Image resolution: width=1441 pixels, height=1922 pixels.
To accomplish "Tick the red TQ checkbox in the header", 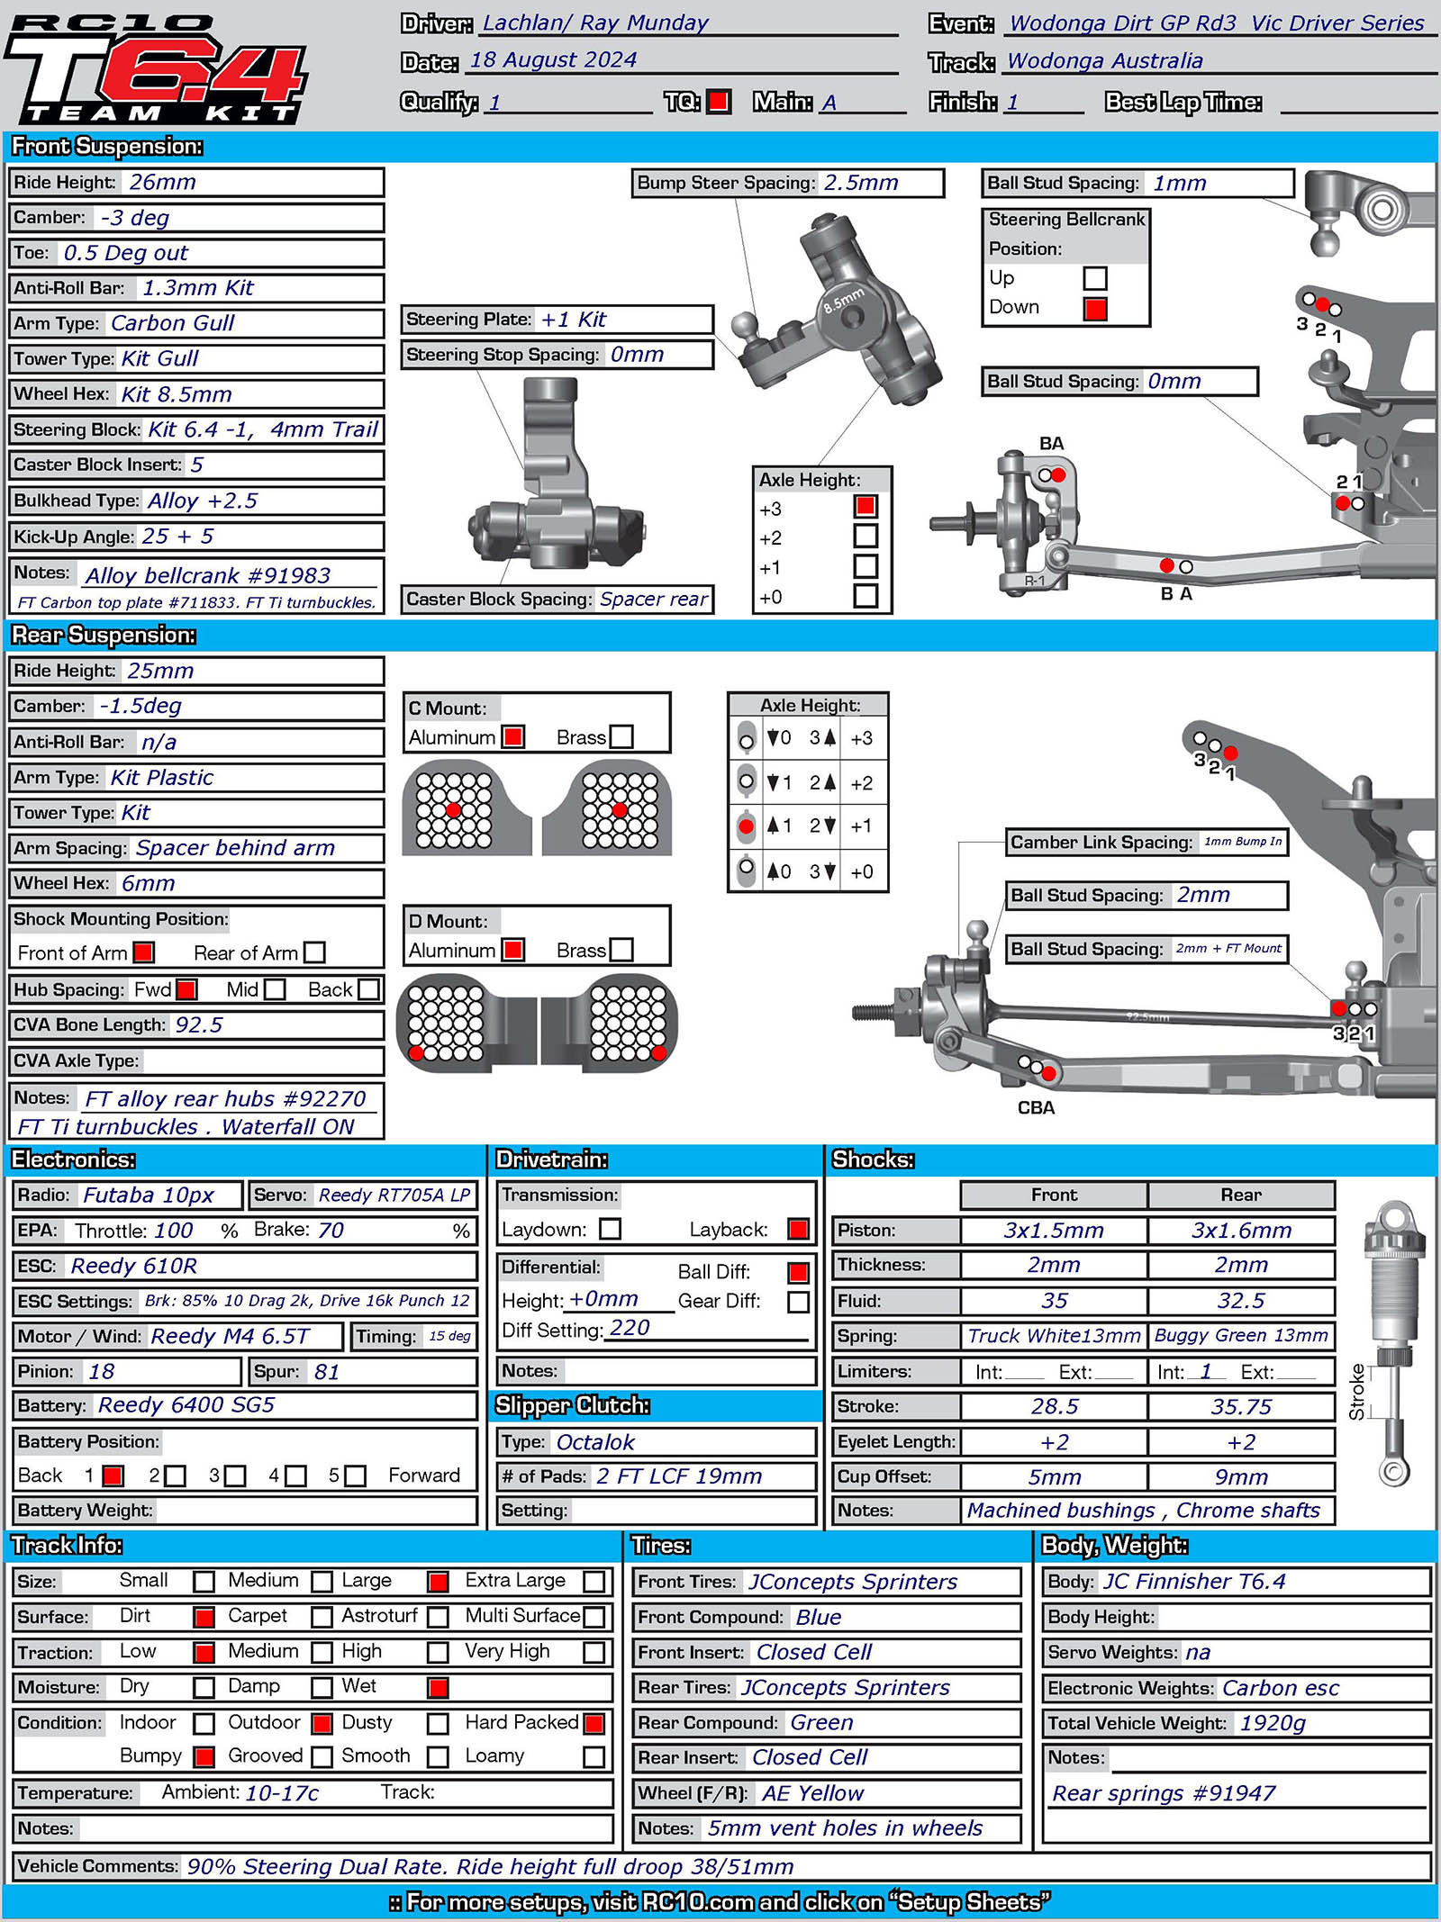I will [x=719, y=102].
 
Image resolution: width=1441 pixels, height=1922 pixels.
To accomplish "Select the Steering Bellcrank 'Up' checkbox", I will [x=1095, y=278].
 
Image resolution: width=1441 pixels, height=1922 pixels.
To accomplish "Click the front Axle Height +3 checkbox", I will [x=866, y=507].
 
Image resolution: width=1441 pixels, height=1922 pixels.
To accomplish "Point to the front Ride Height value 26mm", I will [x=162, y=183].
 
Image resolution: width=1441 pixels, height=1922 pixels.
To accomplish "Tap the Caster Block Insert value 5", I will [x=196, y=465].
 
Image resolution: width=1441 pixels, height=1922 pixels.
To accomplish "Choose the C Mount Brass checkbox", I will [x=621, y=737].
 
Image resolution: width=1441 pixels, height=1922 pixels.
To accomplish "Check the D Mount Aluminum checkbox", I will [x=513, y=950].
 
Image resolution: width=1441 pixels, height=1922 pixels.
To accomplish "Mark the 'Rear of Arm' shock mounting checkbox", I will [x=314, y=952].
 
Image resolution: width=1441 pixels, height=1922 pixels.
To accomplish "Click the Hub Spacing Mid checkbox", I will [x=275, y=990].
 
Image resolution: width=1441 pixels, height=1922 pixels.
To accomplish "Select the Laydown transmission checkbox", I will [x=611, y=1229].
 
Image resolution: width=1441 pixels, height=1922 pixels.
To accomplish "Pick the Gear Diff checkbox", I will [x=798, y=1302].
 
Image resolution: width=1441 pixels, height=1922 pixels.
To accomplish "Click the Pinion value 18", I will [x=102, y=1372].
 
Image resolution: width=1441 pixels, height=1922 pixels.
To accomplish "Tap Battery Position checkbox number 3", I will [x=235, y=1476].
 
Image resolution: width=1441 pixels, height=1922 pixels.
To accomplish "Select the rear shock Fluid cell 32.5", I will [x=1240, y=1302].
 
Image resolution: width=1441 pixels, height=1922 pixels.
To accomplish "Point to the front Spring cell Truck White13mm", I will [x=1054, y=1336].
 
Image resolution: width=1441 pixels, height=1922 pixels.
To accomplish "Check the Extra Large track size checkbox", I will [x=594, y=1582].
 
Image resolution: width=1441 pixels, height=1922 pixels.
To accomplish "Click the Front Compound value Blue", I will [x=818, y=1618].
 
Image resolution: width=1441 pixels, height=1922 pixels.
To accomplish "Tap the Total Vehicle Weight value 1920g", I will [x=1272, y=1723].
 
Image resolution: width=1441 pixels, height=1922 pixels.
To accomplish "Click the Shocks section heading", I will [x=873, y=1160].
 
